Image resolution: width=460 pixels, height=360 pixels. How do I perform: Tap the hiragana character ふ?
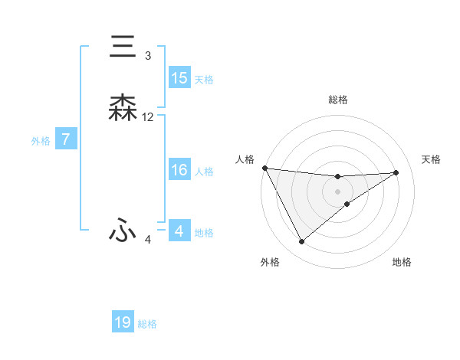pos(123,231)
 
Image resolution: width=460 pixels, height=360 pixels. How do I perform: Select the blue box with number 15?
pos(179,78)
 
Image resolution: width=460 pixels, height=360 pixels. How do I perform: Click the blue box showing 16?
pos(179,170)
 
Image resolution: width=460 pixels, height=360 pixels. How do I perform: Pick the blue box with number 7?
pos(66,139)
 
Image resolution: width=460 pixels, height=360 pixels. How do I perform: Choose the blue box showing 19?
pos(123,322)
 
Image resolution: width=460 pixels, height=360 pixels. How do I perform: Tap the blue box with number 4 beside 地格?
pos(179,231)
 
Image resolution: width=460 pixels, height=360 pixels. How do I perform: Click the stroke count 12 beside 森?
pos(148,117)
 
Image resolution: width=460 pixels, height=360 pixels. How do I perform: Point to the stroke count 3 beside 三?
pos(148,56)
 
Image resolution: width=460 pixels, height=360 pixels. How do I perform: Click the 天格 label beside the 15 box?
pos(204,79)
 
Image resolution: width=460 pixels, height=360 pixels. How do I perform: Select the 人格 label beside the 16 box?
pos(204,171)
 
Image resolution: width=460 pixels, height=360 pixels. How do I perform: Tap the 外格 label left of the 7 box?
pos(41,140)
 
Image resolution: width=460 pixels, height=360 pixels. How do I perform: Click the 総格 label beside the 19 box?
pos(147,324)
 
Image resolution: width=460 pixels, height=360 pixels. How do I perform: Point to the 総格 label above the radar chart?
pos(338,100)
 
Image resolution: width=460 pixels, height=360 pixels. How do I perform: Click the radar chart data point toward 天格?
pos(396,172)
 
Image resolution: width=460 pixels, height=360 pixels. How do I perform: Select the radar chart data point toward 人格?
pos(264,168)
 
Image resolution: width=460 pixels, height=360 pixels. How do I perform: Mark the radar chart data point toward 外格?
pos(301,242)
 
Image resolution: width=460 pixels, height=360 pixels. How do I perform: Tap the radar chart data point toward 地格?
pos(347,204)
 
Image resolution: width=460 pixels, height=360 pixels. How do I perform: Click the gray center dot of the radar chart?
pos(338,191)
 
